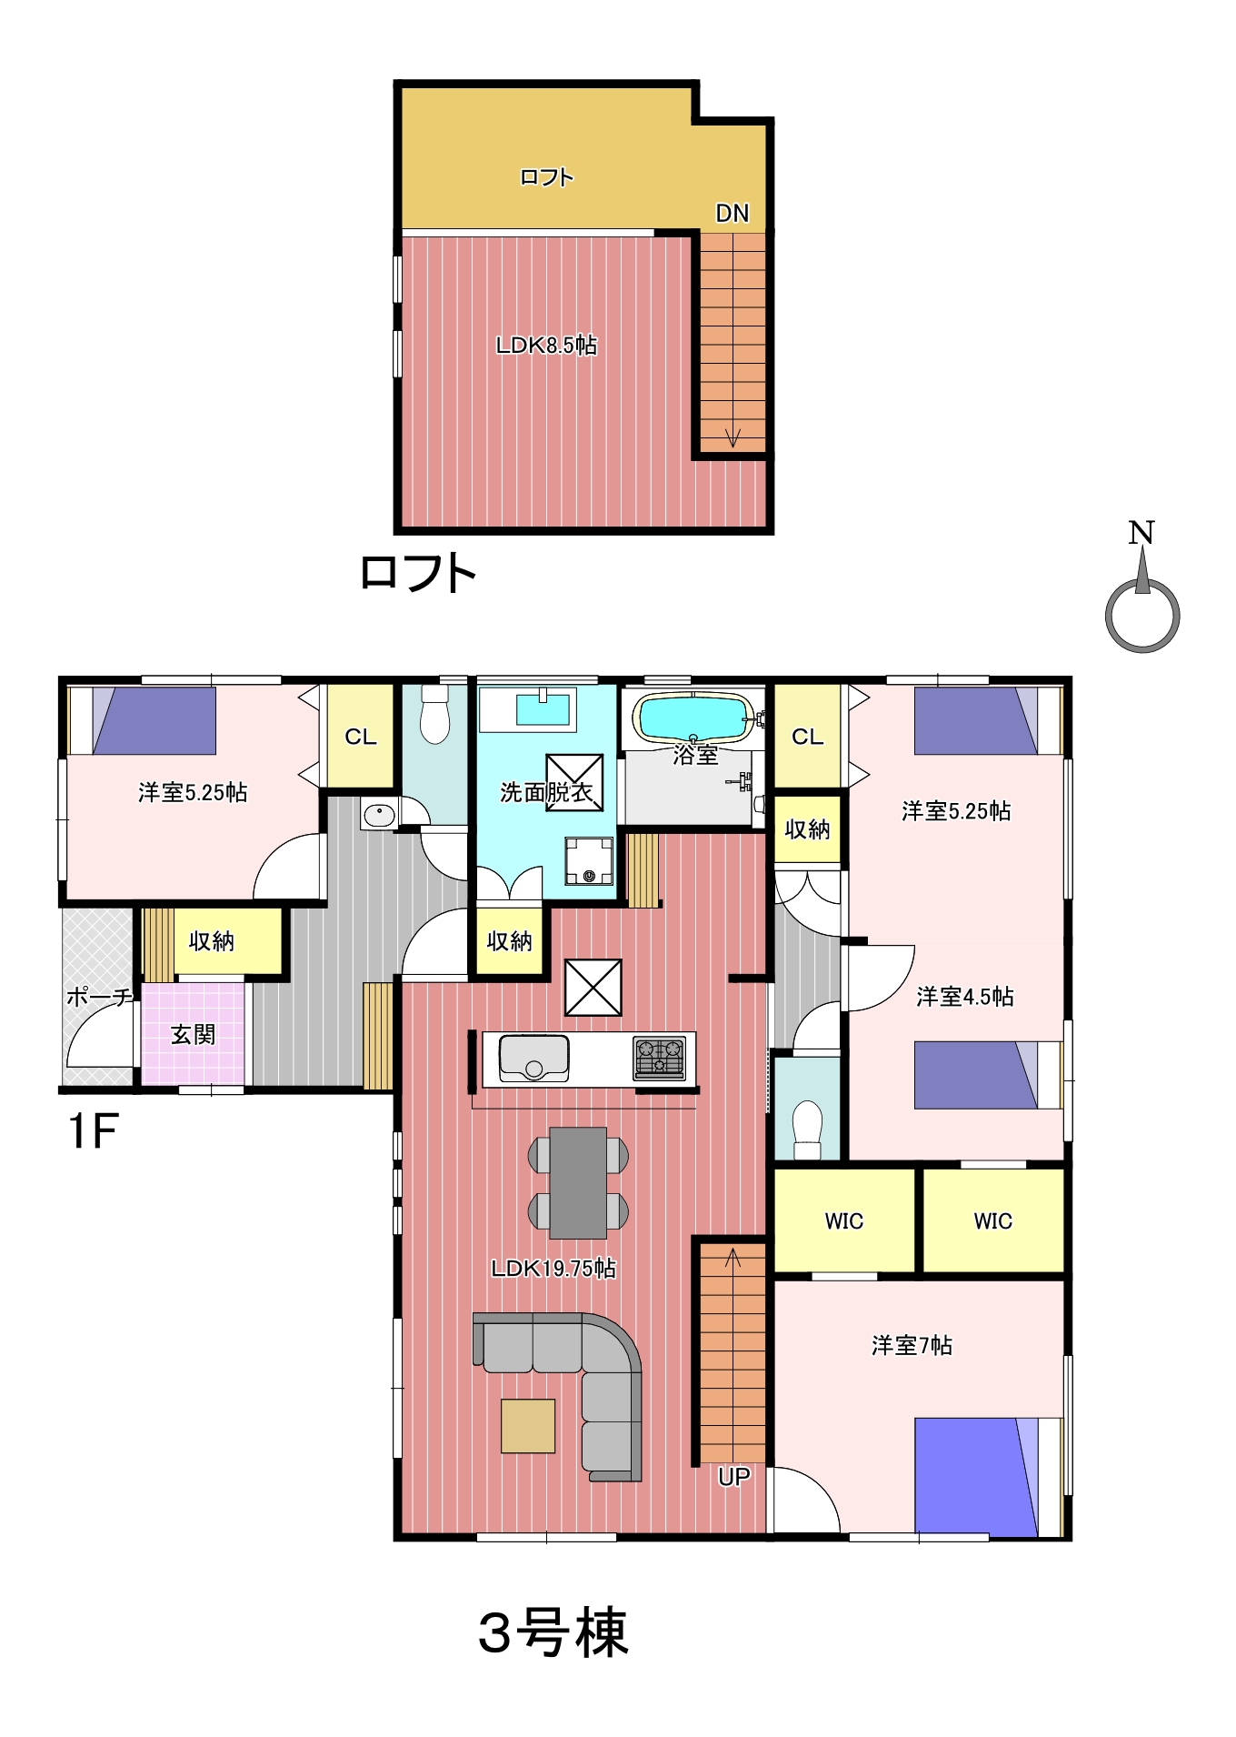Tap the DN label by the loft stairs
tap(732, 213)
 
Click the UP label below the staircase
tap(733, 1477)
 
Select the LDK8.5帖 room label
tap(546, 345)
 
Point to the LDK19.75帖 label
tap(553, 1268)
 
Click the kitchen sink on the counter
tap(534, 1059)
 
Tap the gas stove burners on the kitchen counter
tap(660, 1059)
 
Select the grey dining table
tap(578, 1183)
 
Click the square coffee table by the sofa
tap(527, 1426)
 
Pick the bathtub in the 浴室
tap(694, 718)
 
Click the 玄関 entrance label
tap(193, 1034)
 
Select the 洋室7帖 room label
tap(912, 1345)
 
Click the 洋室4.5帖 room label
tap(964, 997)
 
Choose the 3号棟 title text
tap(553, 1632)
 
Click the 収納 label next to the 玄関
tap(211, 941)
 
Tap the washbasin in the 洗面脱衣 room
tap(543, 709)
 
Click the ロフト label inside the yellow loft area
tap(546, 177)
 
